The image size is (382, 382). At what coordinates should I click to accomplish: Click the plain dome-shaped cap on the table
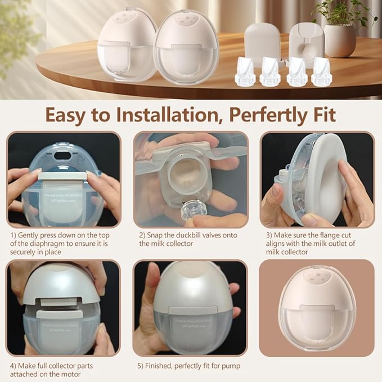tap(263, 41)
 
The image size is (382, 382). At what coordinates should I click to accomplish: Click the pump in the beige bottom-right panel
tap(316, 307)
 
